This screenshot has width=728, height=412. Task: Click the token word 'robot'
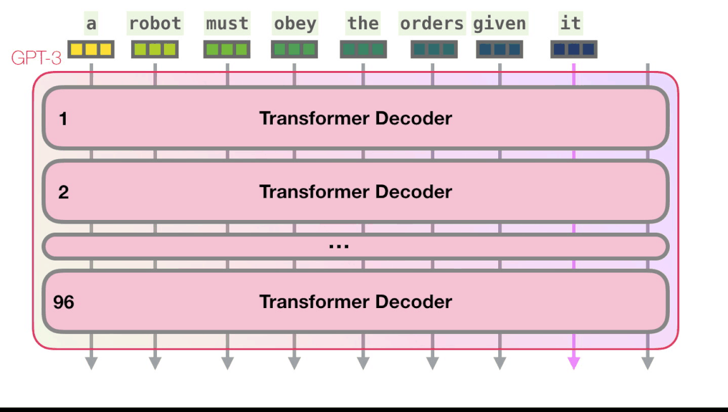click(155, 23)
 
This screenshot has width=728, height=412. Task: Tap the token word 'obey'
click(294, 23)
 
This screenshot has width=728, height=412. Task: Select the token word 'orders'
click(432, 23)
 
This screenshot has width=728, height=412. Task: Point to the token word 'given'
click(499, 23)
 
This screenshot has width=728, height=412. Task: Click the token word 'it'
click(570, 23)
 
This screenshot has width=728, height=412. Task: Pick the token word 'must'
click(227, 23)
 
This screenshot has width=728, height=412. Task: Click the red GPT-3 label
click(36, 58)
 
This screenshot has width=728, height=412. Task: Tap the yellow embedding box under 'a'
click(91, 49)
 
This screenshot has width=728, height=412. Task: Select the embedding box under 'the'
click(363, 49)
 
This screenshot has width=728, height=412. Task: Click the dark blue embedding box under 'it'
click(574, 49)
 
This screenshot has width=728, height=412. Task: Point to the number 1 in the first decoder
click(63, 119)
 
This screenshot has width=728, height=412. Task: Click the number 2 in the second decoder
click(63, 192)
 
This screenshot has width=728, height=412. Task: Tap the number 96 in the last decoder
click(63, 302)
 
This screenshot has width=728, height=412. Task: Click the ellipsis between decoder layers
click(339, 246)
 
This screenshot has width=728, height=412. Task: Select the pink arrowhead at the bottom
click(574, 363)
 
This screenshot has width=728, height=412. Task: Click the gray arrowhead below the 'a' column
click(91, 363)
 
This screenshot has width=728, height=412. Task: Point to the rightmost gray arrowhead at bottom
click(647, 363)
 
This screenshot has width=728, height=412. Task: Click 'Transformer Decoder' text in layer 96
click(355, 302)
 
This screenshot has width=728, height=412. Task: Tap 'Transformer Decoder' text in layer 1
click(355, 119)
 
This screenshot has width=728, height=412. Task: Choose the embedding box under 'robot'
click(154, 49)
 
